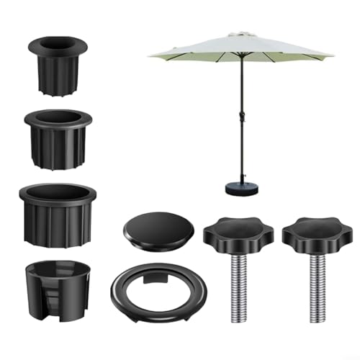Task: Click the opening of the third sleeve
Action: (58, 193)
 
